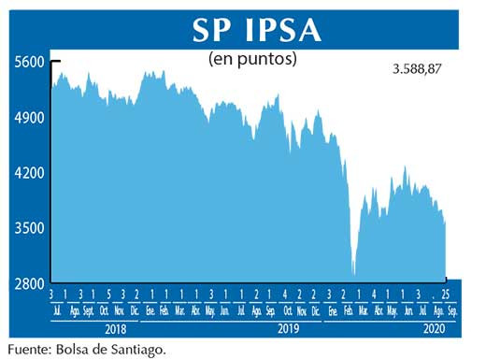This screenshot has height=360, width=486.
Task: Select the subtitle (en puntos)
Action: (x=251, y=60)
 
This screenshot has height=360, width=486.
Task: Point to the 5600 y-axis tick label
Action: (x=29, y=62)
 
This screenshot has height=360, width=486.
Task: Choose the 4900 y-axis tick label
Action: (x=29, y=118)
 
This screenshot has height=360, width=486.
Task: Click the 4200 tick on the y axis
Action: (x=29, y=173)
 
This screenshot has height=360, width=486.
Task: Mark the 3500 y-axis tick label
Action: (x=29, y=228)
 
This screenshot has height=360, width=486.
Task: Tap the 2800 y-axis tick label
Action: (x=29, y=283)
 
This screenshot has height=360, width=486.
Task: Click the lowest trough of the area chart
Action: (x=354, y=274)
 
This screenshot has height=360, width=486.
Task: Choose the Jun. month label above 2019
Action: (x=225, y=310)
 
